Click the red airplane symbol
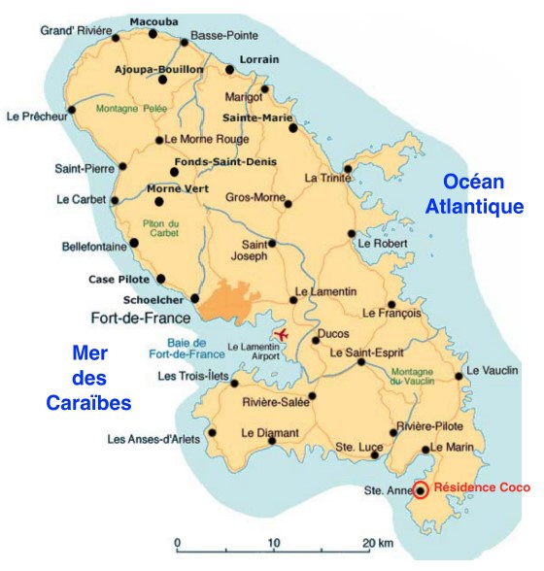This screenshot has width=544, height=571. pyautogui.click(x=283, y=335)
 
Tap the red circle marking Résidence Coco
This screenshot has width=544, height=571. pyautogui.click(x=421, y=489)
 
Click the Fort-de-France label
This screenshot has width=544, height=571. pyautogui.click(x=138, y=317)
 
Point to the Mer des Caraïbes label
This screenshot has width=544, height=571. pyautogui.click(x=88, y=376)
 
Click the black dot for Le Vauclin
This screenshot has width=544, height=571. pyautogui.click(x=459, y=375)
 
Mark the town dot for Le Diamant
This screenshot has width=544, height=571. pyautogui.click(x=271, y=440)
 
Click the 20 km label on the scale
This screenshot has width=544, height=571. pyautogui.click(x=380, y=542)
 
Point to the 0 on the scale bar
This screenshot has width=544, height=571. pyautogui.click(x=177, y=542)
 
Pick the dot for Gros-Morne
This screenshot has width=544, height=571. pyautogui.click(x=288, y=204)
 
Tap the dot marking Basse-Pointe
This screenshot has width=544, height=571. pyautogui.click(x=185, y=42)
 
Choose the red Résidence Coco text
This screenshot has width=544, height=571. pyautogui.click(x=482, y=488)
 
